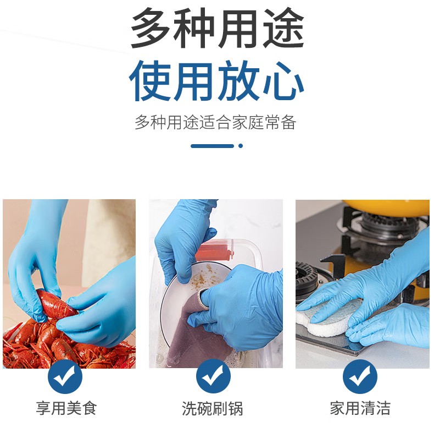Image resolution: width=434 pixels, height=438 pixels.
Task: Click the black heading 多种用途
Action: (x=217, y=29)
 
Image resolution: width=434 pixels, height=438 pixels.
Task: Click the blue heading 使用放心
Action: (x=217, y=81)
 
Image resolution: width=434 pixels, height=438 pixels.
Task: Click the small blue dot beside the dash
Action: (x=241, y=146)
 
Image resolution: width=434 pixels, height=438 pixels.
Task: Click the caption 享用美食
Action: (x=66, y=408)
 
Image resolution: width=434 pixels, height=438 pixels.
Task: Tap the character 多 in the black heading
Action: (x=151, y=29)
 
